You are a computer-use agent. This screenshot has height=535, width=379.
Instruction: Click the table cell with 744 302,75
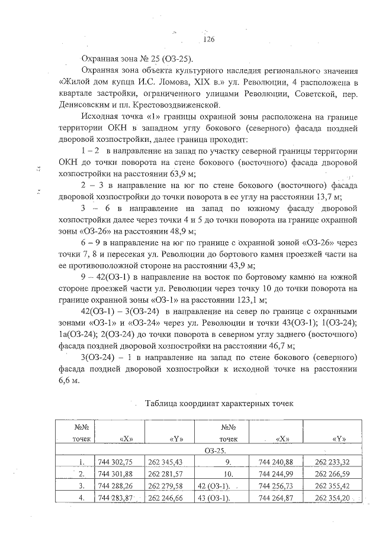(x=116, y=462)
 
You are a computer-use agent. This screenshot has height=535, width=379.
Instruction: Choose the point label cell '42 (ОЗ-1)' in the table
(x=217, y=486)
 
